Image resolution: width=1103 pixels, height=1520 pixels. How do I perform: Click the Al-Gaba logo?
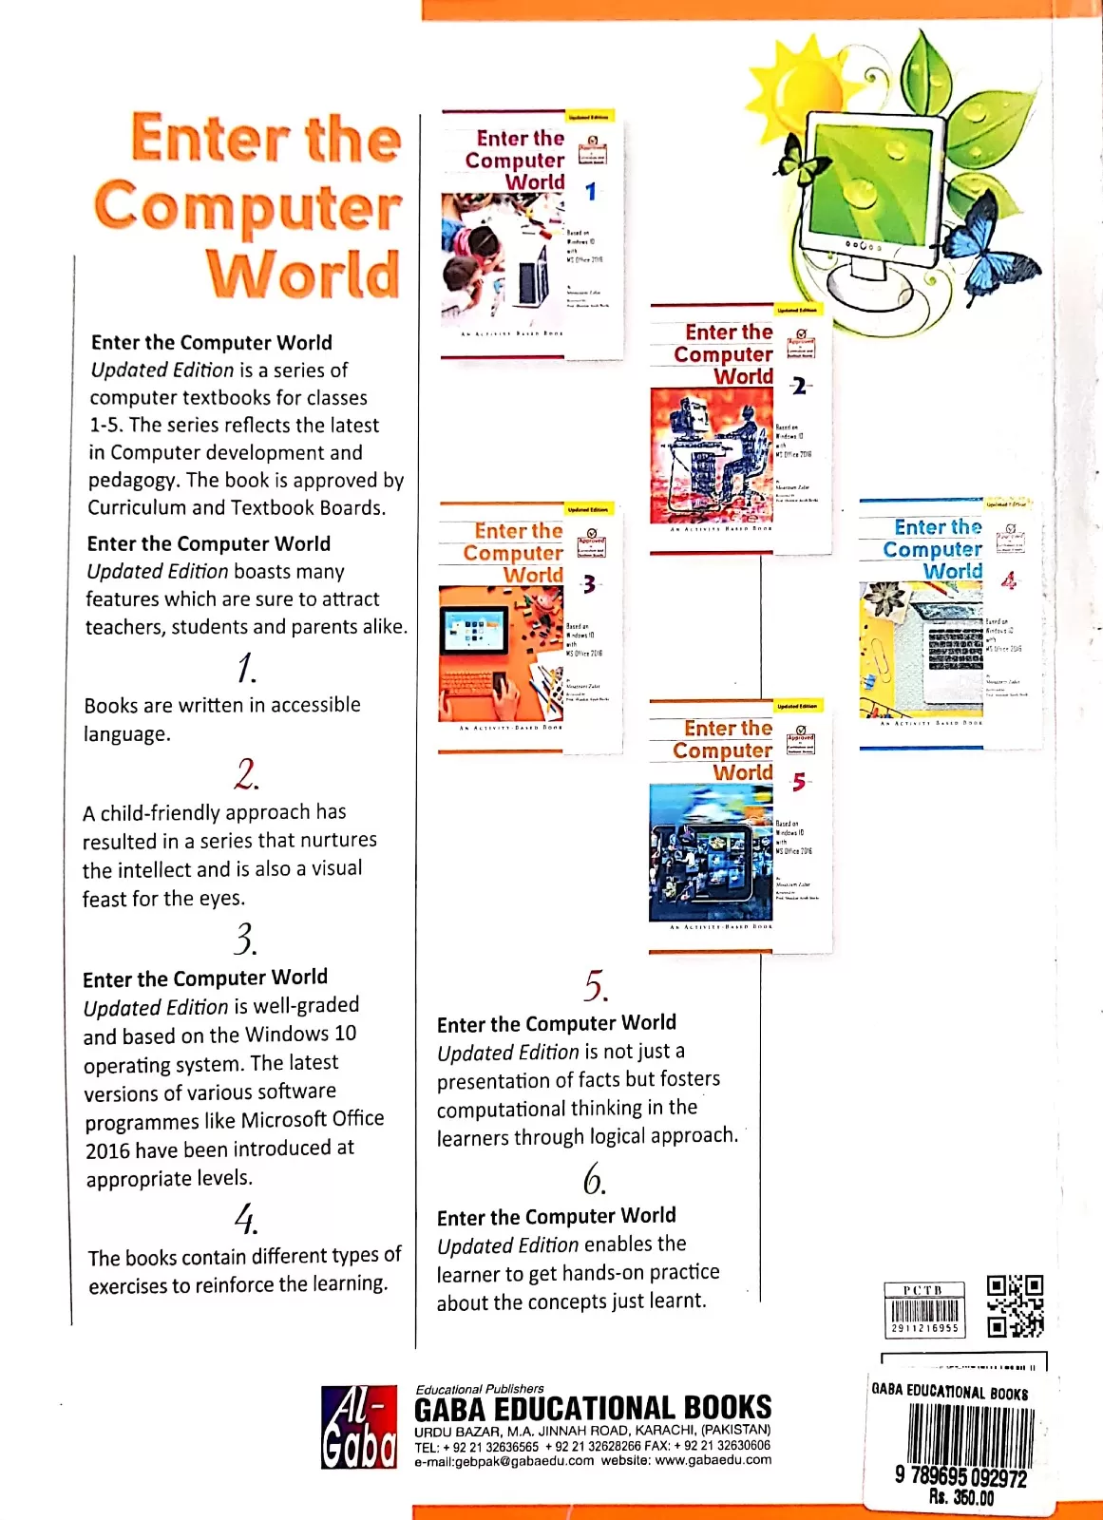[x=358, y=1426]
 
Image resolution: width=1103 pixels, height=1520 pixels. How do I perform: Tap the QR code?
[x=1015, y=1305]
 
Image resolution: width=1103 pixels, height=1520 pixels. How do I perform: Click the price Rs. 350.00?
[x=960, y=1498]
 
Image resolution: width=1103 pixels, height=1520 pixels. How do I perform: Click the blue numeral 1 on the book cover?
[x=591, y=192]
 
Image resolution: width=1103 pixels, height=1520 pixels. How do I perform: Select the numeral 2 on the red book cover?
[x=799, y=386]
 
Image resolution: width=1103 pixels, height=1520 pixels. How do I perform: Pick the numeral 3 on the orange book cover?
[x=589, y=584]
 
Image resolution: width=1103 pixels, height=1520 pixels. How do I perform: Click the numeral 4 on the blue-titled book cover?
[x=1008, y=579]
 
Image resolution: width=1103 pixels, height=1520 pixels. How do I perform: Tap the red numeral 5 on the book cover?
[x=799, y=782]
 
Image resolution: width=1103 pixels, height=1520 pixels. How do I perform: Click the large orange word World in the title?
[x=302, y=275]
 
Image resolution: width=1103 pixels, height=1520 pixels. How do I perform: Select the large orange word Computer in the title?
[x=248, y=207]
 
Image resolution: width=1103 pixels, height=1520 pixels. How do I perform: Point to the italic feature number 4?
[x=245, y=1218]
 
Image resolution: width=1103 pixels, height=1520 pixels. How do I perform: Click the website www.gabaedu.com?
[x=713, y=1460]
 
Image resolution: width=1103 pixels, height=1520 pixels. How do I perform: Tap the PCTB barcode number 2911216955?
[x=924, y=1328]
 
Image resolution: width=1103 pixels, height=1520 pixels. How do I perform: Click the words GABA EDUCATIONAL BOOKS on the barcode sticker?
[x=949, y=1392]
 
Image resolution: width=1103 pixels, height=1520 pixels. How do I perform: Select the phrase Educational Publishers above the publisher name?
[x=479, y=1389]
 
